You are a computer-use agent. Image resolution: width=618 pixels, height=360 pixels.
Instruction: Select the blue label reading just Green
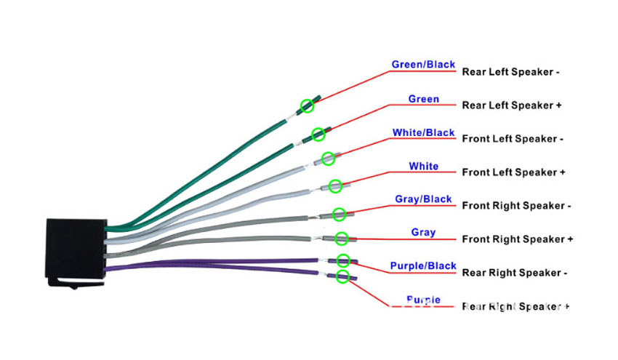click(x=423, y=99)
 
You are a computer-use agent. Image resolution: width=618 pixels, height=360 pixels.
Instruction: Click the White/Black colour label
click(x=423, y=133)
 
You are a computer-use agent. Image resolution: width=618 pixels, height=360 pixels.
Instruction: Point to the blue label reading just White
click(x=423, y=167)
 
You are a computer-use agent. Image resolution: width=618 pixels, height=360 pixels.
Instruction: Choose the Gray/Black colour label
click(x=423, y=199)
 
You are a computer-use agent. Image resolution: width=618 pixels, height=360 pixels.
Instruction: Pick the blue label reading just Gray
click(x=423, y=233)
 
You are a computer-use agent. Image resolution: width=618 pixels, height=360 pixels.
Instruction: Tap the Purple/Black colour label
click(x=422, y=266)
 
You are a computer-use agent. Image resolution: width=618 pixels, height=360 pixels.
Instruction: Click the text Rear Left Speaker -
click(x=510, y=72)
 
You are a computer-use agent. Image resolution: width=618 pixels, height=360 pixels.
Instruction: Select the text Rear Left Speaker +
click(x=512, y=105)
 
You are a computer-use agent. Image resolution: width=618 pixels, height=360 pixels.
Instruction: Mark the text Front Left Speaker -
click(x=513, y=139)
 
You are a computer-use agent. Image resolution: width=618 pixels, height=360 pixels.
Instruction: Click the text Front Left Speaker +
click(x=513, y=172)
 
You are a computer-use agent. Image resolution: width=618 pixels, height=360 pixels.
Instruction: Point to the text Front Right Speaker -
click(x=516, y=206)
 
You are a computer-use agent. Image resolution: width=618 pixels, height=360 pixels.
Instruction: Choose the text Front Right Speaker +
click(x=518, y=239)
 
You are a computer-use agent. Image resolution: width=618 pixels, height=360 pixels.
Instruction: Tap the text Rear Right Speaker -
click(x=514, y=273)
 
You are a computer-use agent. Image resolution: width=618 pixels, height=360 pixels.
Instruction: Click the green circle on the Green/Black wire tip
click(x=308, y=106)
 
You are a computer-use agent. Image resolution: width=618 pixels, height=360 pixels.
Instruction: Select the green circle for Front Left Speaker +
click(x=335, y=186)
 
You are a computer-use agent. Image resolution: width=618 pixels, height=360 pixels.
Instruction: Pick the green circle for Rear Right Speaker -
click(x=343, y=260)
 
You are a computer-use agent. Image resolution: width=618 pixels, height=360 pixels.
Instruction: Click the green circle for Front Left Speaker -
click(x=328, y=158)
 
